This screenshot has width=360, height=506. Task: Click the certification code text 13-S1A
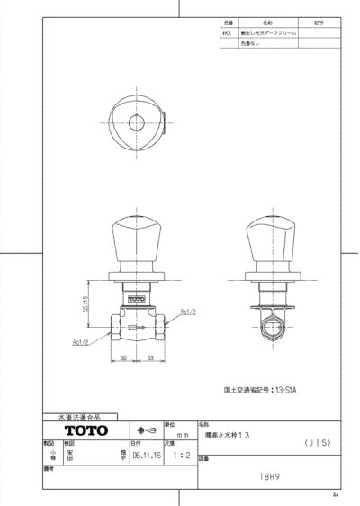pos(295,391)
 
